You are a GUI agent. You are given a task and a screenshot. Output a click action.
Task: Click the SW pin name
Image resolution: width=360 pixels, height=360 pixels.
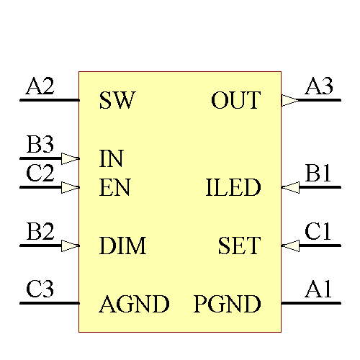click(117, 101)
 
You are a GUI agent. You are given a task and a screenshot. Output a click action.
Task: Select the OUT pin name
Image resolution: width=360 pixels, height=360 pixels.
click(235, 101)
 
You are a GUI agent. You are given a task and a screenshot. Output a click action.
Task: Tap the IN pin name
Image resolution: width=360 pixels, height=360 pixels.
click(112, 158)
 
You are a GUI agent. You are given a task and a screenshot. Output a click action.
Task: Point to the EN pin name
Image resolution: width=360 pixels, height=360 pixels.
click(114, 189)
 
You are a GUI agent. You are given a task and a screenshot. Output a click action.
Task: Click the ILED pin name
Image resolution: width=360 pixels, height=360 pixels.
click(233, 189)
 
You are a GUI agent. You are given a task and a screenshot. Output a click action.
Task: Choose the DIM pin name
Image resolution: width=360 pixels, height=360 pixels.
click(123, 247)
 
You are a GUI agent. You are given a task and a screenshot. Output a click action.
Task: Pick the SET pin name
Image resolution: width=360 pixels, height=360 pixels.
click(239, 247)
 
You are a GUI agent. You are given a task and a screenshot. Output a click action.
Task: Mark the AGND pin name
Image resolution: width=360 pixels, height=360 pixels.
click(135, 305)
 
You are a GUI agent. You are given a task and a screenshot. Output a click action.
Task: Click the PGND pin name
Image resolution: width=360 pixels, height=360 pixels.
click(227, 305)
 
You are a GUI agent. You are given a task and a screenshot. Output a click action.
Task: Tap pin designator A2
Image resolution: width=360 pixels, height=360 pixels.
click(40, 87)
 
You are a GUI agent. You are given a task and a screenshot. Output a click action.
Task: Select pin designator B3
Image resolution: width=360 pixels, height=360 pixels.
click(40, 145)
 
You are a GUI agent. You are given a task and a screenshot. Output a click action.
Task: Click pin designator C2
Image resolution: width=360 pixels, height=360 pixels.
click(40, 174)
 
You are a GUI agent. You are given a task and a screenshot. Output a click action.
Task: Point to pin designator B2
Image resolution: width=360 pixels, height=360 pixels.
click(40, 233)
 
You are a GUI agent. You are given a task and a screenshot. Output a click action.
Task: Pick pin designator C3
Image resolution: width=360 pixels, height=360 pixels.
click(40, 290)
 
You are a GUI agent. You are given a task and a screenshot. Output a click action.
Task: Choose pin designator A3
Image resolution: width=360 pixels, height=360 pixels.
click(319, 87)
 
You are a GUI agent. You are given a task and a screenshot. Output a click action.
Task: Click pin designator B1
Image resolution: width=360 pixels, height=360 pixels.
click(318, 174)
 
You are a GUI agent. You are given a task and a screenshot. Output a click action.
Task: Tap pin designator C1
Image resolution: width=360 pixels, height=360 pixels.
click(318, 232)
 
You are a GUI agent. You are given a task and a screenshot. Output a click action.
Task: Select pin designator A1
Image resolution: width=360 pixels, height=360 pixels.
click(318, 290)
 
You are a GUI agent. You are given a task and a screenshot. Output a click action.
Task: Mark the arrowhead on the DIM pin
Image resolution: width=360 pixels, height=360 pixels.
click(70, 246)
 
